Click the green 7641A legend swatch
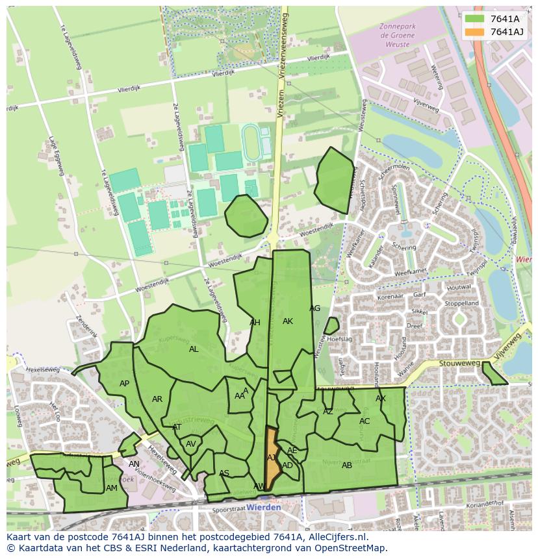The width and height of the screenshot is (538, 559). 475,19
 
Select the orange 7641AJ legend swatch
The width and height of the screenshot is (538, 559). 475,32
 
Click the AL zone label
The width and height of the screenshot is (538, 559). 194,349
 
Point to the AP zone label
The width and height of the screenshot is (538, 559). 124,384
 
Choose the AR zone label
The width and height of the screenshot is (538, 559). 157,399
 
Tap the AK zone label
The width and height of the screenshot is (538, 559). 288,321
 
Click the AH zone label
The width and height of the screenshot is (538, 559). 255,323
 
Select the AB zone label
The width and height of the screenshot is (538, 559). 347,466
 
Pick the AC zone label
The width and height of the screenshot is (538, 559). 365,421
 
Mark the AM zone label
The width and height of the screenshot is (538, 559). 112,488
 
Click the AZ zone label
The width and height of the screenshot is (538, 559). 328,412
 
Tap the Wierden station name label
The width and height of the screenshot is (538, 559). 265,507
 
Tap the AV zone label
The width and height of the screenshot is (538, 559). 191,444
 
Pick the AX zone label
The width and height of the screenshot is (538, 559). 381,399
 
